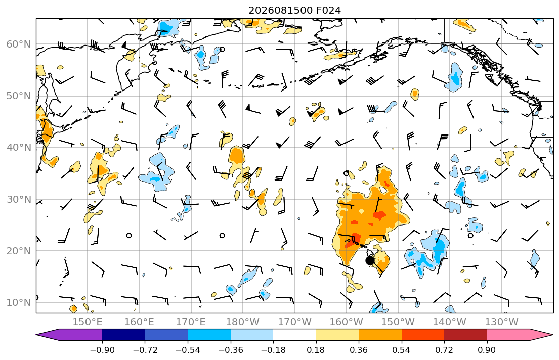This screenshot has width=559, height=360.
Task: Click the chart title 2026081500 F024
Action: click(x=294, y=10)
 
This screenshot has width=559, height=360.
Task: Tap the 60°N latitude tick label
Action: click(x=19, y=44)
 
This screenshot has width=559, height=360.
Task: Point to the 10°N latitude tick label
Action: click(x=19, y=303)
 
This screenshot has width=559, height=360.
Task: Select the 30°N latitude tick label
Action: click(x=19, y=199)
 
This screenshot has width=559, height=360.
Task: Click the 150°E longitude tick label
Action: click(x=88, y=322)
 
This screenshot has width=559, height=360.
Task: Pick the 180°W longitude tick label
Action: click(x=243, y=322)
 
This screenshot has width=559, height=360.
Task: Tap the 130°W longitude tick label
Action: click(x=502, y=322)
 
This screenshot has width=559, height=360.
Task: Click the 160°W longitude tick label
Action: click(x=346, y=322)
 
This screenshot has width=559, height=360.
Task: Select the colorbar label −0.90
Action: click(x=102, y=350)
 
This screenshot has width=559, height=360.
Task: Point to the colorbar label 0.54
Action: click(x=402, y=350)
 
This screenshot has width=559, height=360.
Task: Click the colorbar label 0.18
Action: click(x=316, y=350)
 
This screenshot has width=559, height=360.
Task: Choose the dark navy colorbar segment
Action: click(x=123, y=335)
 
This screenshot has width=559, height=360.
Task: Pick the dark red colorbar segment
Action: click(x=465, y=335)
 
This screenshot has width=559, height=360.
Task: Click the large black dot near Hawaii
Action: click(x=370, y=260)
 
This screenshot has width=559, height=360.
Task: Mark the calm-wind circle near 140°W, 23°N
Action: click(x=470, y=235)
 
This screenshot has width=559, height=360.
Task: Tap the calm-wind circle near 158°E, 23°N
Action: click(x=129, y=235)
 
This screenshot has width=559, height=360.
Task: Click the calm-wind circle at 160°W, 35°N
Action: click(x=346, y=173)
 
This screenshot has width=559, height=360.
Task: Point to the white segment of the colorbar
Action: click(x=294, y=335)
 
